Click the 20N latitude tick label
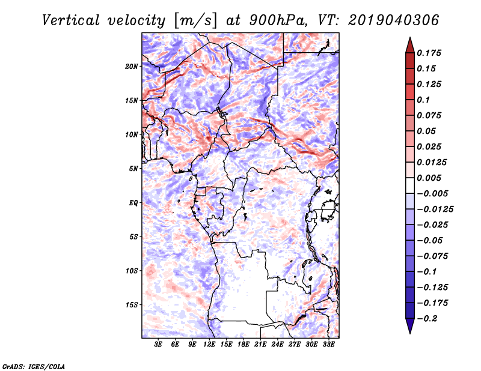click(132, 67)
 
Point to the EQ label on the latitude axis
click(133, 203)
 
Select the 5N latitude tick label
click(133, 169)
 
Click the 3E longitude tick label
click(158, 345)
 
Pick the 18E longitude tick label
click(244, 345)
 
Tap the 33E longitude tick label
click(328, 345)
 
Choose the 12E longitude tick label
click(209, 345)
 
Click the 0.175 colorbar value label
click(429, 53)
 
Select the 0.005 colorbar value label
click(429, 178)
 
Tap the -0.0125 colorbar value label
click(435, 210)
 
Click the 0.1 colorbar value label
click(423, 100)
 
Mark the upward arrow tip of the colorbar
click(410, 37)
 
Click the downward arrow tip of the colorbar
click(410, 333)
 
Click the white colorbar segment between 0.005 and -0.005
click(410, 185)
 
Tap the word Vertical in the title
click(71, 20)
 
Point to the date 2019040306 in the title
click(394, 20)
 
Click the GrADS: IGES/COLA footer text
click(34, 366)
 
